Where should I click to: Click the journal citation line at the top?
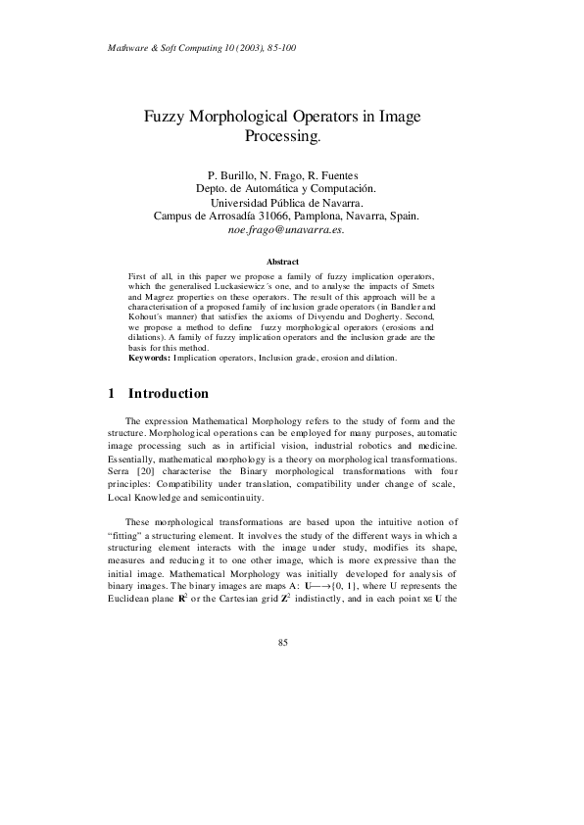[201, 47]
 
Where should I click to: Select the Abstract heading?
[283, 262]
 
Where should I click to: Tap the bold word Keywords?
[149, 359]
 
